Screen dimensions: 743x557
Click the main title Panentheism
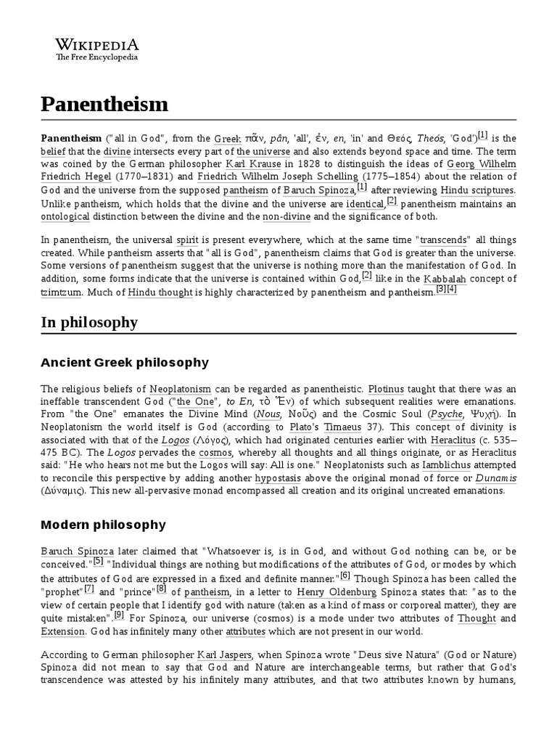coord(104,104)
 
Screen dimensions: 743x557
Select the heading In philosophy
coord(89,321)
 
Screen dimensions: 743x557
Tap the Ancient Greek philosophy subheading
coord(125,362)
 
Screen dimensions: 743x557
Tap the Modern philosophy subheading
coord(103,524)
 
